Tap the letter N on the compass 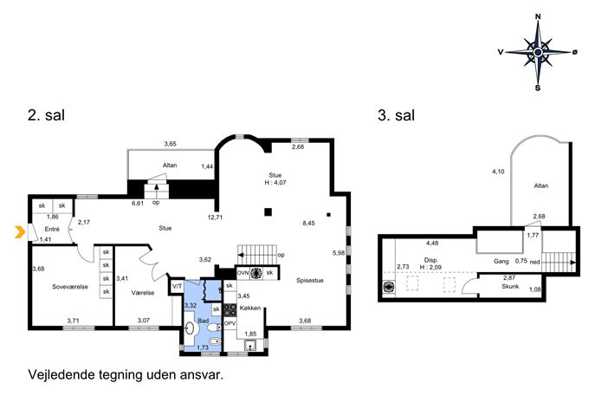point(538,16)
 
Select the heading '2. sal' point(46,115)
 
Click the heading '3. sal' point(396,115)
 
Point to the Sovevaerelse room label point(70,287)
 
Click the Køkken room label point(250,308)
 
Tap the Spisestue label point(310,281)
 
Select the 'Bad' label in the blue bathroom point(203,321)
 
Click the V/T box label point(177,286)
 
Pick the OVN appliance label point(243,273)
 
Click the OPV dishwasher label point(230,324)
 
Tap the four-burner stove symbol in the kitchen point(230,310)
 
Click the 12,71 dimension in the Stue point(215,217)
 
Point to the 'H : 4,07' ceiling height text point(275,183)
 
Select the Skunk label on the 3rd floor point(510,286)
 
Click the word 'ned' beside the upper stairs point(534,262)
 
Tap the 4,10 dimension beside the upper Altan point(498,172)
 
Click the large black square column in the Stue point(268,212)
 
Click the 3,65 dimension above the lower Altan point(170,144)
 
